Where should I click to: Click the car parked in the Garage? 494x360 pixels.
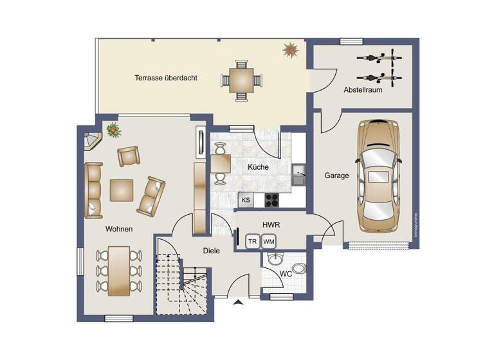click(380, 175)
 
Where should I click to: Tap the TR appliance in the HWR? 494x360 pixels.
click(253, 242)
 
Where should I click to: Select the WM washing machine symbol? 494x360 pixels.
click(269, 242)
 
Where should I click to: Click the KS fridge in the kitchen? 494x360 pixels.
click(246, 200)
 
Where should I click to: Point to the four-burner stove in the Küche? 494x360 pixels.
click(271, 199)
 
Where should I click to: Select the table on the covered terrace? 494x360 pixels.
click(242, 81)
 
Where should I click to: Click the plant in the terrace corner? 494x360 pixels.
click(291, 50)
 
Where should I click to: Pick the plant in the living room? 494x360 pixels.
click(114, 130)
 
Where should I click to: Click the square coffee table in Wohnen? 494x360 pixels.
click(122, 190)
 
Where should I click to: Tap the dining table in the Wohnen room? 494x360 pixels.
click(118, 269)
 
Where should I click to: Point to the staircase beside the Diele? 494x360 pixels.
click(183, 283)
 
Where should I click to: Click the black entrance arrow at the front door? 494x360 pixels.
click(238, 301)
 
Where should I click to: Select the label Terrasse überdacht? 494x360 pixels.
click(166, 78)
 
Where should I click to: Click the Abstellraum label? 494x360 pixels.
click(363, 90)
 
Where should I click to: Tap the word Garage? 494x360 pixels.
click(336, 175)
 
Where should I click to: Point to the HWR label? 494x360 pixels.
click(270, 225)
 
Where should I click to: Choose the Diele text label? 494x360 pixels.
click(212, 251)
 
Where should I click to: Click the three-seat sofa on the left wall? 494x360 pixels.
click(93, 190)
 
